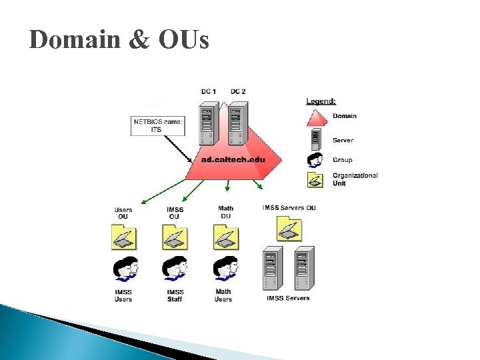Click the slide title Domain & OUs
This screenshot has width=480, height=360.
119,41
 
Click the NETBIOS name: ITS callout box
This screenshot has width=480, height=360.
157,125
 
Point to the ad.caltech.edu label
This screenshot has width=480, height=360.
233,160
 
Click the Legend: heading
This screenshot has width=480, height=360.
321,101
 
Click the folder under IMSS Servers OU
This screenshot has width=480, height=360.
289,228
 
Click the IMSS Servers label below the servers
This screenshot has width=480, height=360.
288,298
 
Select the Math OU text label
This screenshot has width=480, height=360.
226,212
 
